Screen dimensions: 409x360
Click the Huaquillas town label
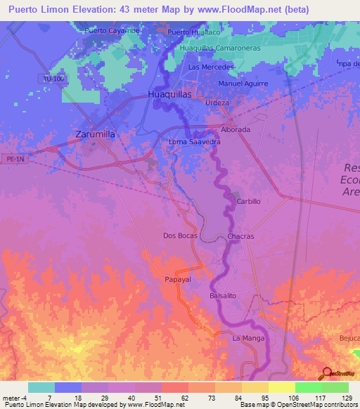(170, 93)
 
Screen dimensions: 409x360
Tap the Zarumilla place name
(95, 134)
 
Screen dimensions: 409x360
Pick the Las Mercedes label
(210, 67)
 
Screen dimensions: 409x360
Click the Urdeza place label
(217, 103)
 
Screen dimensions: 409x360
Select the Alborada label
(236, 130)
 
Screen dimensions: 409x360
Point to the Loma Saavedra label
(195, 142)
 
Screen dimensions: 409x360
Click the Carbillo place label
(249, 201)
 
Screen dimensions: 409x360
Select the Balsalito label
(224, 296)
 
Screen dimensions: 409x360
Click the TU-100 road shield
(53, 80)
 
